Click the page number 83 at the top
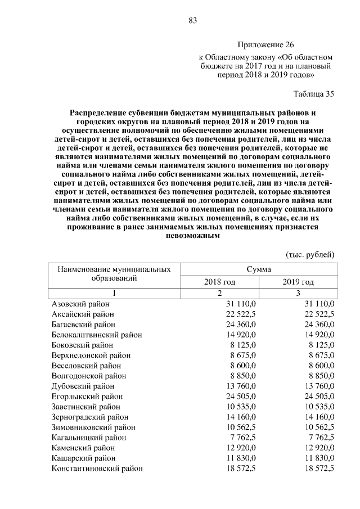(192, 21)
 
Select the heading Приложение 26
(266, 44)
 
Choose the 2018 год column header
(219, 281)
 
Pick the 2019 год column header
(298, 281)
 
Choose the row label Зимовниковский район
(90, 427)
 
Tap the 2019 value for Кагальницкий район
(320, 438)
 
